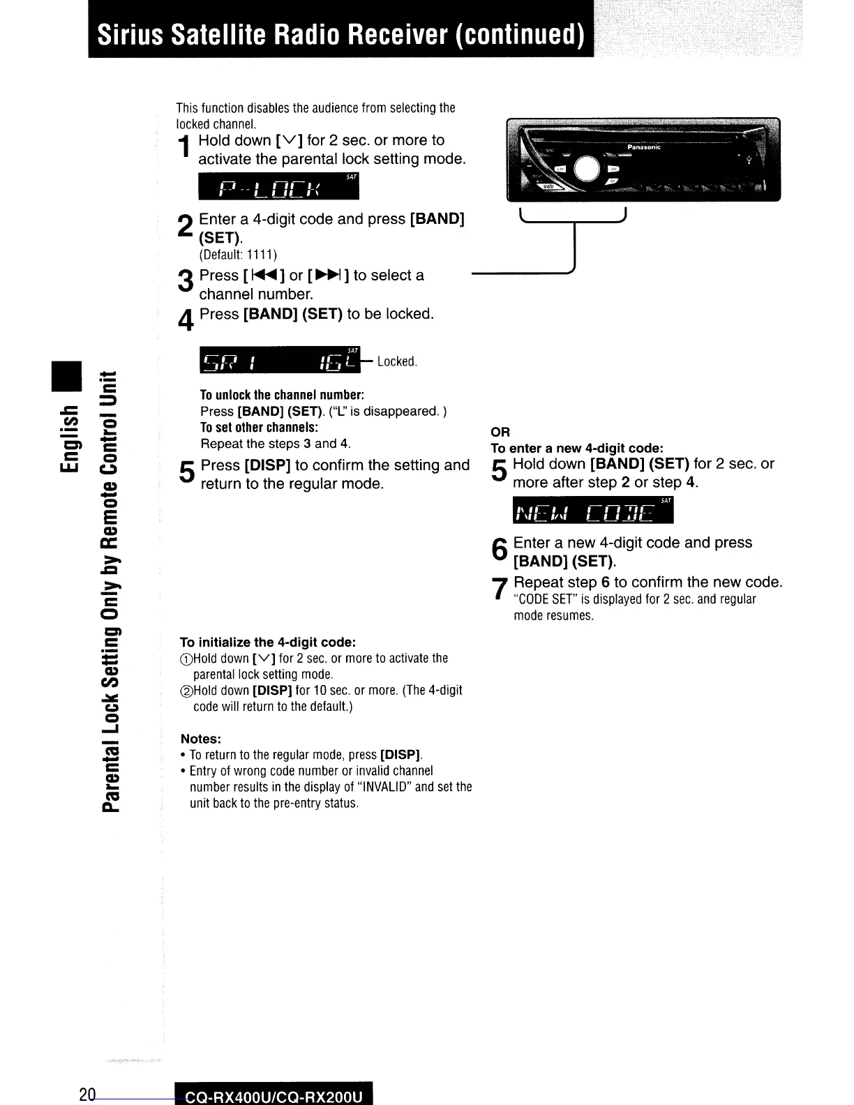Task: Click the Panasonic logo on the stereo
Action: [643, 147]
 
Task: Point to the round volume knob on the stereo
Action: [587, 168]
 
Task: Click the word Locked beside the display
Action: [396, 361]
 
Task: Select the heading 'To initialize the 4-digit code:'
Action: [268, 642]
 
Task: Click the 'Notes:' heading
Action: [201, 739]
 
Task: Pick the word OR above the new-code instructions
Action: [500, 432]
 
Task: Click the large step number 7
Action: [498, 589]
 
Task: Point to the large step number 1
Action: [184, 148]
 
